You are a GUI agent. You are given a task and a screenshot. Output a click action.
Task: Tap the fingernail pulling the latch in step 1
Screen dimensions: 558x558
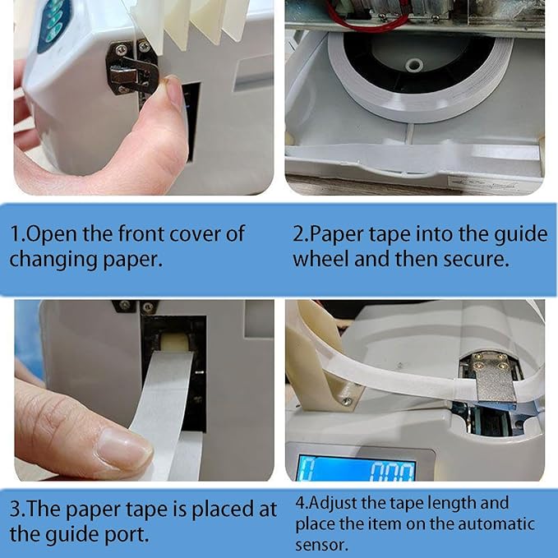click(x=173, y=92)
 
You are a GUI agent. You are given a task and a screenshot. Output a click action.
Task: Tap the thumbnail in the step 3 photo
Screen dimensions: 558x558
click(x=123, y=447)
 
